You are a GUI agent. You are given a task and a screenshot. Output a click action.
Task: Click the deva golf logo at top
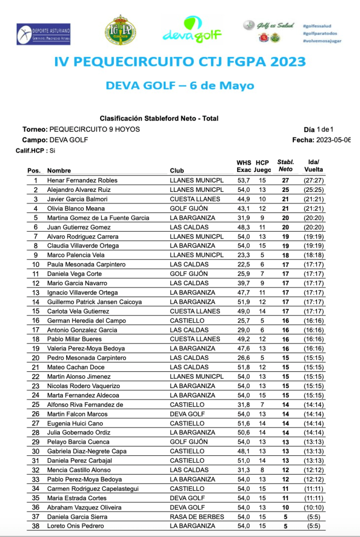[x=192, y=29]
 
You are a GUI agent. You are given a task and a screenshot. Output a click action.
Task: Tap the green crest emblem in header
[x=120, y=30]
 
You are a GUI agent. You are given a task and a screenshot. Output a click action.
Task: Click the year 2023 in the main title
[x=279, y=61]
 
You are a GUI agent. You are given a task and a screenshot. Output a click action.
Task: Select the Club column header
[x=177, y=170]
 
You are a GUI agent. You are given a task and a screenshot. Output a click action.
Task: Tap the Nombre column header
[x=59, y=170]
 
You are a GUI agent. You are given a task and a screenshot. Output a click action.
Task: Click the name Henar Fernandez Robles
[x=82, y=180]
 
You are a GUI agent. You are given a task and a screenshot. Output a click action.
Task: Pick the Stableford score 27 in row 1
[x=285, y=180]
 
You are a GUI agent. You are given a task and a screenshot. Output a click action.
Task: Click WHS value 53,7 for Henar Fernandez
[x=243, y=180]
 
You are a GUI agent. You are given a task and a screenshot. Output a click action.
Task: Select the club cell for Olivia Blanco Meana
[x=189, y=209]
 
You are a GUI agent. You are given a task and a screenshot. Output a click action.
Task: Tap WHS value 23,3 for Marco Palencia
[x=243, y=255]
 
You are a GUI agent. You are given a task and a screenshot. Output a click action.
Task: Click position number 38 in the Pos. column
[x=36, y=526]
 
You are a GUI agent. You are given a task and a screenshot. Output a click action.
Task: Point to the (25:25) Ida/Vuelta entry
[x=314, y=190]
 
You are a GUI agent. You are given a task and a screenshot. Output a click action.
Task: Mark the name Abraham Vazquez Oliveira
[x=84, y=507]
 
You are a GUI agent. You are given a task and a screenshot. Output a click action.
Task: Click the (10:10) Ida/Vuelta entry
[x=314, y=507]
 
